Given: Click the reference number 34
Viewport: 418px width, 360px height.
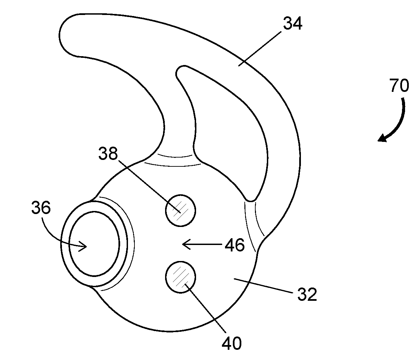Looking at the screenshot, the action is click(292, 23).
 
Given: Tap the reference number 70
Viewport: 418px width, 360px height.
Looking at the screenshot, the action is click(399, 85).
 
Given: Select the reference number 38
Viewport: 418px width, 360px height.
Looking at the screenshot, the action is click(108, 153).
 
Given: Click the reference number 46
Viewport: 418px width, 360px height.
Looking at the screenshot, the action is click(235, 245).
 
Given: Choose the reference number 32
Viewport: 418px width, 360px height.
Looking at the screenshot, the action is click(307, 294).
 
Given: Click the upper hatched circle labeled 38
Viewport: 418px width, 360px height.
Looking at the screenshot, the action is click(181, 211).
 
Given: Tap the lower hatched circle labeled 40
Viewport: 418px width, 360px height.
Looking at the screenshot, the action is click(181, 277).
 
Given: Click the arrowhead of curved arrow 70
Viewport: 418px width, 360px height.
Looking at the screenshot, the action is click(382, 138).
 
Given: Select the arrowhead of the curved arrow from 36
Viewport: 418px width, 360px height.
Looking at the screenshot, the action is click(83, 246).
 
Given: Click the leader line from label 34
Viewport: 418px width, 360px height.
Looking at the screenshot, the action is click(260, 49).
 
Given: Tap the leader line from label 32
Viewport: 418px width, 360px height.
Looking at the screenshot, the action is click(263, 285).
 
